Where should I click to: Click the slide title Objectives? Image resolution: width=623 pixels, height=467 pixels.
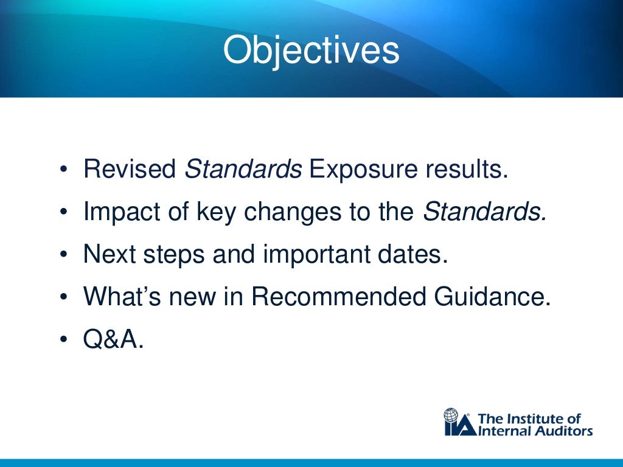(x=311, y=51)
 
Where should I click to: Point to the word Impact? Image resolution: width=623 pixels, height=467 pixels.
(x=119, y=212)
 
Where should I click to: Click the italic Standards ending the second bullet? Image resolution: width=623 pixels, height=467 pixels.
(x=484, y=212)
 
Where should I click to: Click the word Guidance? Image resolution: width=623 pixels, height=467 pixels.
(x=493, y=296)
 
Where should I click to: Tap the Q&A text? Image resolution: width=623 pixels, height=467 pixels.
(x=114, y=339)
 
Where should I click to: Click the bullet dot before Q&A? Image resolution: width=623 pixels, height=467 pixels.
(x=64, y=339)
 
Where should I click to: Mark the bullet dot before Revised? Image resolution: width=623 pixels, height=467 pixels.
(x=64, y=170)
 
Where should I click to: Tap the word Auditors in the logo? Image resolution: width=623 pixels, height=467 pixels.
(x=562, y=431)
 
